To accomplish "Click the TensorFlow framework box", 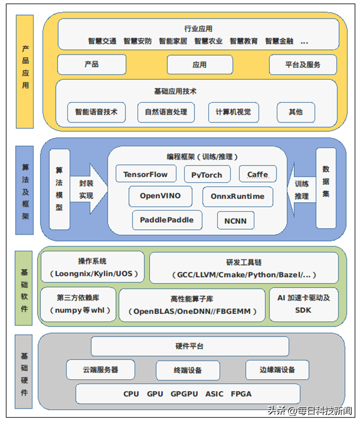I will tap(146, 174).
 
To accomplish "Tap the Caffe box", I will tap(257, 174).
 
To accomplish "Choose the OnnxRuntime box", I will tap(237, 196).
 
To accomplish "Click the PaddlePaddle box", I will tap(167, 220).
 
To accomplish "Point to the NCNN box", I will tap(235, 220).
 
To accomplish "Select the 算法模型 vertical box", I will tap(59, 189).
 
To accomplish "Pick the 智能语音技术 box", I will tap(96, 112).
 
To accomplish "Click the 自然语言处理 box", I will tap(166, 112).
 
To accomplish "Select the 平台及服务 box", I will tap(302, 64).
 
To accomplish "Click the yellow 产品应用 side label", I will tap(25, 72).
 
